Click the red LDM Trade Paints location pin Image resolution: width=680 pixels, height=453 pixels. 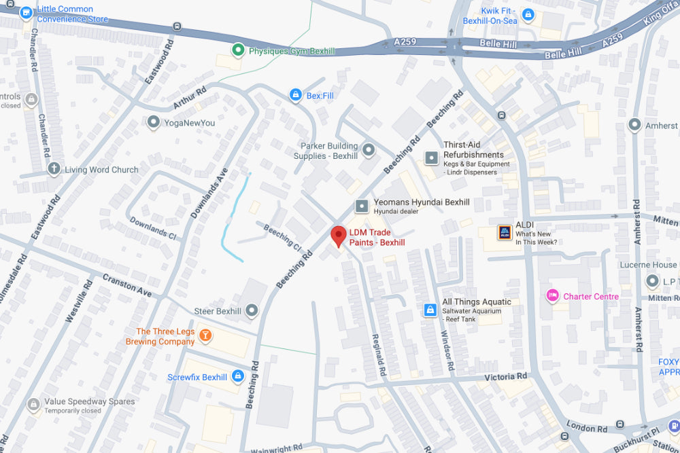338,236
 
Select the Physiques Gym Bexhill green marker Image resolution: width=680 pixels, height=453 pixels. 237,50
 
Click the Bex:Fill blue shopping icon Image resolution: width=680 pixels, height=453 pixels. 295,96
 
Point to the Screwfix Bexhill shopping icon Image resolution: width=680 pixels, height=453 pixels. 237,376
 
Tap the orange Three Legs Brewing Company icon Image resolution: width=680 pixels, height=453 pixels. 205,336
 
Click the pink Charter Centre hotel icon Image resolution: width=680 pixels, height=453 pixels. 553,296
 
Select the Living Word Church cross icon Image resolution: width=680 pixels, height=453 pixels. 54,169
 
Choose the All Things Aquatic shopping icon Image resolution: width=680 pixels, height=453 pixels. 430,310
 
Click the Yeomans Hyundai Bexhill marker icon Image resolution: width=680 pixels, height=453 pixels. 362,206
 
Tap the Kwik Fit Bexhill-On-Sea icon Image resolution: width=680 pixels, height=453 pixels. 528,13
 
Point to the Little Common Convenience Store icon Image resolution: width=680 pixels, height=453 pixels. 26,12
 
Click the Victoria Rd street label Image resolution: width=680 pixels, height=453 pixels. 505,376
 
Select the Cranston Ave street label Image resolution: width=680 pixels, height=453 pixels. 127,285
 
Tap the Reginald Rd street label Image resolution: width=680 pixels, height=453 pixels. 378,355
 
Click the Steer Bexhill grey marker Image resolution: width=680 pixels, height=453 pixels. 252,311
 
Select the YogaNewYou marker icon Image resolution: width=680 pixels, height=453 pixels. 154,122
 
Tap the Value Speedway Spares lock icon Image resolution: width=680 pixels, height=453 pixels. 33,405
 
